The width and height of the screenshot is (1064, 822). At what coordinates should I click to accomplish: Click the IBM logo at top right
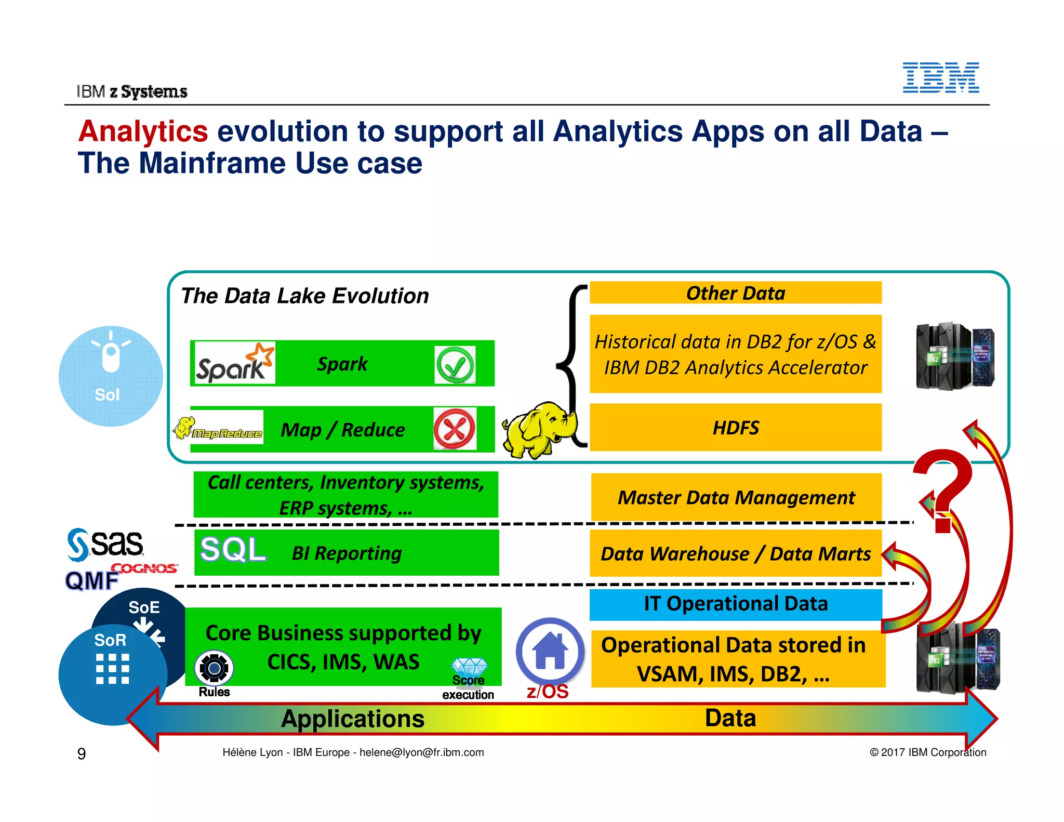[x=940, y=78]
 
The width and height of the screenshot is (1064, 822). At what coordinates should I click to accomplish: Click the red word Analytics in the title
[x=143, y=131]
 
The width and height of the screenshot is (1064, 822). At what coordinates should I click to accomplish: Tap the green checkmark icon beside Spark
[x=455, y=365]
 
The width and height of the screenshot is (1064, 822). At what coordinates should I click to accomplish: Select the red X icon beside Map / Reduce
[x=455, y=429]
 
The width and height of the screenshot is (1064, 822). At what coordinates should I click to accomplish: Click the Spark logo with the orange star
[x=234, y=363]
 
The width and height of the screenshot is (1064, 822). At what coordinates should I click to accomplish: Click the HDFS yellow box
[x=735, y=428]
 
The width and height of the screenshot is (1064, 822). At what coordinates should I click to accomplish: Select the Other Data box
[x=735, y=293]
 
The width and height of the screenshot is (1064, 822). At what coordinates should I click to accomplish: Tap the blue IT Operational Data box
[x=735, y=604]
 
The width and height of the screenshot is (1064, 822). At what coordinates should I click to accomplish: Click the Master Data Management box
[x=735, y=497]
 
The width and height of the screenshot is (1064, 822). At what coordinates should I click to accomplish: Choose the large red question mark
[x=943, y=488]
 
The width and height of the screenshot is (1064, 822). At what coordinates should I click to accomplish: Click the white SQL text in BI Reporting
[x=233, y=550]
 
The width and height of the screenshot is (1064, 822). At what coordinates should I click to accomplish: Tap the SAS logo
[x=105, y=544]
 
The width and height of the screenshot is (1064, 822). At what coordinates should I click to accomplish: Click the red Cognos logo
[x=144, y=568]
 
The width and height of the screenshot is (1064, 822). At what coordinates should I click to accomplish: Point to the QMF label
[x=91, y=581]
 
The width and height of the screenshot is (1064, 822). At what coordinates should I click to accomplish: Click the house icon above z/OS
[x=550, y=651]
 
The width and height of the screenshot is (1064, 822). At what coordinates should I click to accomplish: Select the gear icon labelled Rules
[x=214, y=668]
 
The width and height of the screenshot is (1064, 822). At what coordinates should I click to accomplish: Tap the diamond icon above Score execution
[x=469, y=667]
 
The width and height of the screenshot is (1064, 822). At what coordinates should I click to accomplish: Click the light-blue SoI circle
[x=110, y=376]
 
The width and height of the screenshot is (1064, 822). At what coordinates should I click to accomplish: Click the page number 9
[x=82, y=753]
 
